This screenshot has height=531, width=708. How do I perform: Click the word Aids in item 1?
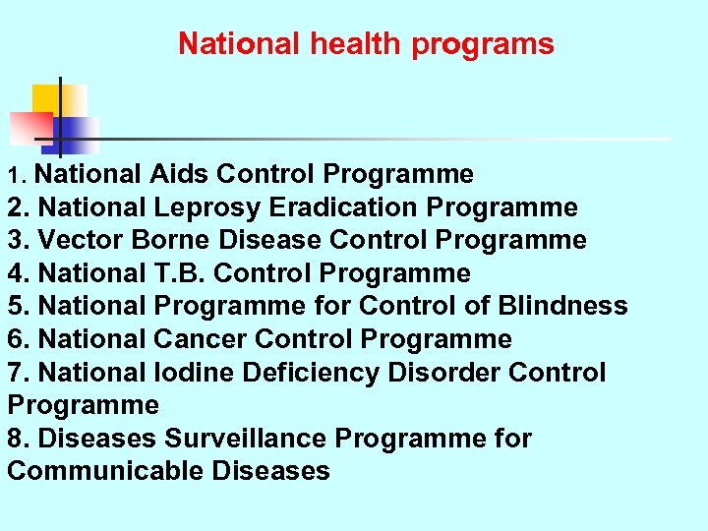(x=179, y=175)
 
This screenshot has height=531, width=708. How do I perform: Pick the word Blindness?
(x=562, y=306)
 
